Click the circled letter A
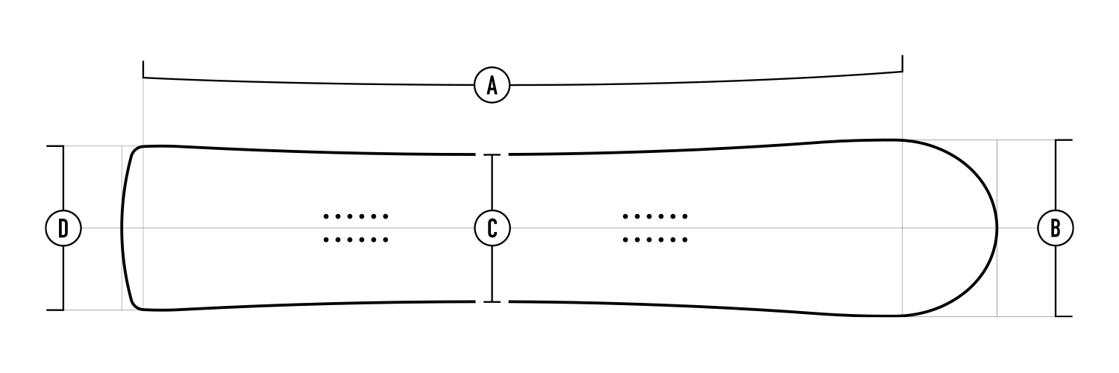(x=492, y=84)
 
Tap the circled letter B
(x=1056, y=228)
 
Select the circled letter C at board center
(x=492, y=228)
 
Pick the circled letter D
(x=63, y=228)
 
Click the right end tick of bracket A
(x=903, y=63)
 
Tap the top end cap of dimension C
(x=492, y=155)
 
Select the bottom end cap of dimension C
(x=492, y=301)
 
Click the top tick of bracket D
(x=56, y=146)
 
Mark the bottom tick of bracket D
(x=56, y=310)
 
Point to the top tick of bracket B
(x=1063, y=140)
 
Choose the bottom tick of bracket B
(x=1063, y=316)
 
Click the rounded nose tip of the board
(x=998, y=228)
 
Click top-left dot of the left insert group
(x=327, y=216)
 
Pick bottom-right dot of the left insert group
(x=386, y=240)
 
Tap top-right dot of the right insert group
(x=685, y=216)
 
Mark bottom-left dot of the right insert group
(x=626, y=240)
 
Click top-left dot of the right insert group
(x=626, y=216)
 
